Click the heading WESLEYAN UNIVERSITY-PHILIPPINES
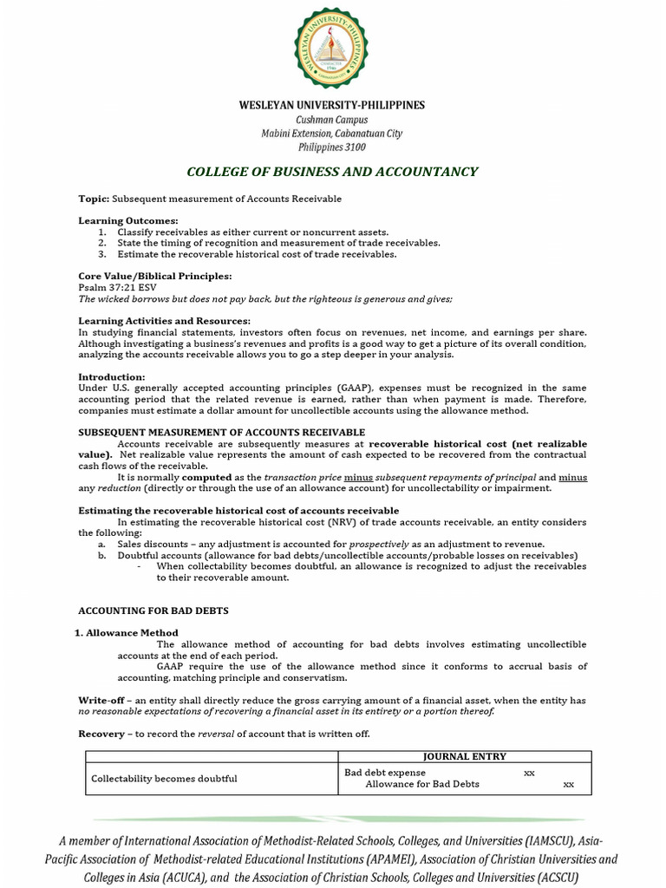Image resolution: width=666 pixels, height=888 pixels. [332, 105]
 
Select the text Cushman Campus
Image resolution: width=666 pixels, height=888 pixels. [332, 120]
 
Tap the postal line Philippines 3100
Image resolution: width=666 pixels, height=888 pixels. [332, 147]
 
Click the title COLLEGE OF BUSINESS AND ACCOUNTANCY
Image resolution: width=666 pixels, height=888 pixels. [332, 172]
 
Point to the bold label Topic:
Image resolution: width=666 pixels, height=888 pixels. [94, 199]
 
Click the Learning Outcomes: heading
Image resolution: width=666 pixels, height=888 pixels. [128, 221]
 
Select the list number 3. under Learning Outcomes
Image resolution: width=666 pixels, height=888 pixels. [101, 254]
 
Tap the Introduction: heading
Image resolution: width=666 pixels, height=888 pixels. [112, 377]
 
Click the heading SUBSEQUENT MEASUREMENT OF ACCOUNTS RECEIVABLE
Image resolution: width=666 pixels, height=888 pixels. [222, 432]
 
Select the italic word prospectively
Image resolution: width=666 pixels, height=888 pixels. [379, 544]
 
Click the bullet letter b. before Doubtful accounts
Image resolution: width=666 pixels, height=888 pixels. [101, 555]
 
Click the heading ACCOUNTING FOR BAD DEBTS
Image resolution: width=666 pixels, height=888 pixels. [153, 610]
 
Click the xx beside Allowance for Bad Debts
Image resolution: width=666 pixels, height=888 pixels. [568, 785]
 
